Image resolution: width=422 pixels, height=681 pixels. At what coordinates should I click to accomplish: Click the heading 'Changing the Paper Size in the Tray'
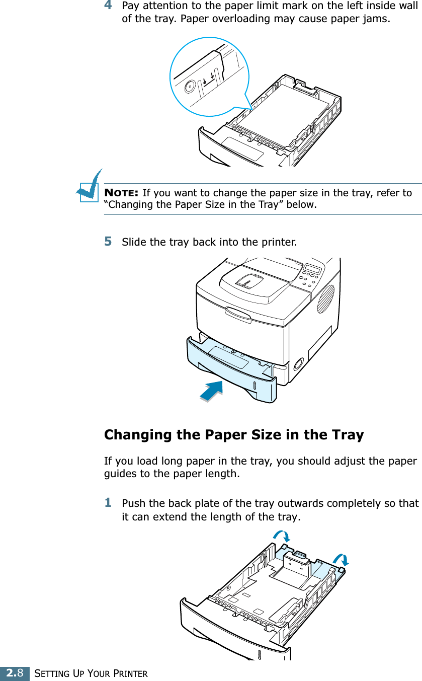pyautogui.click(x=233, y=434)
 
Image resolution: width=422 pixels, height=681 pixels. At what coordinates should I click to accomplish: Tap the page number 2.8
pyautogui.click(x=14, y=673)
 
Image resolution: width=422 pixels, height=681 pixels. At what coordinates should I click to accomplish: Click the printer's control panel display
pyautogui.click(x=313, y=268)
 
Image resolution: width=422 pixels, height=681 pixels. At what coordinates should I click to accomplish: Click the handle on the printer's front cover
pyautogui.click(x=238, y=314)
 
